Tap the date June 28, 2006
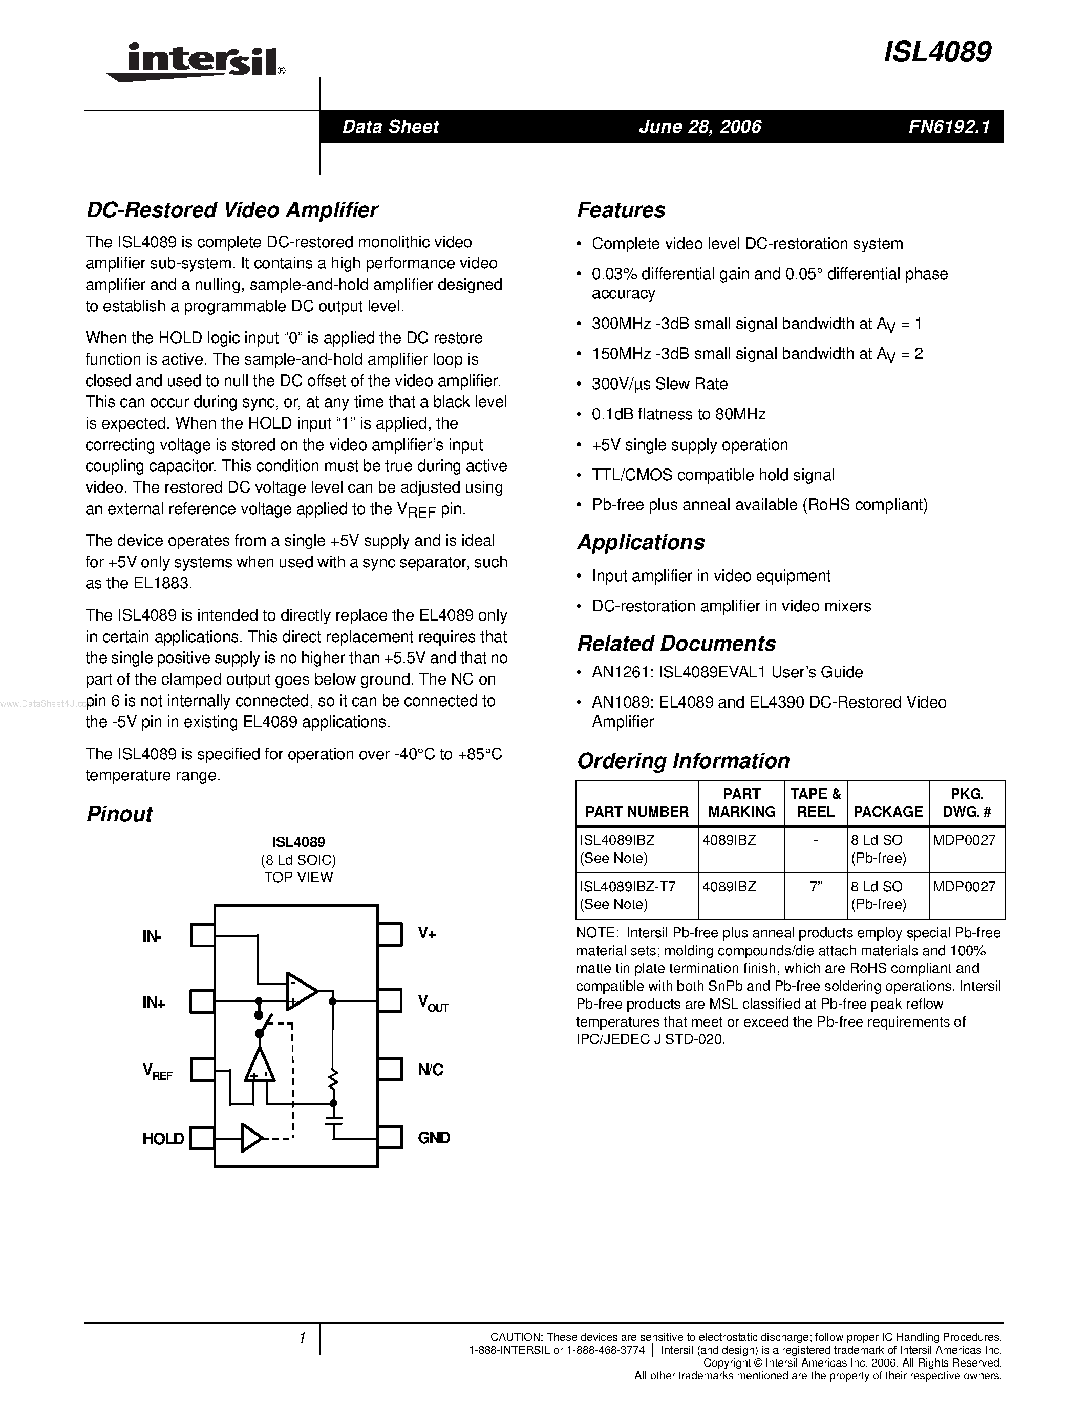coord(700,126)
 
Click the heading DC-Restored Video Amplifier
coord(232,209)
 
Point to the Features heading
coord(621,209)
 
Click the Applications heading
coord(641,542)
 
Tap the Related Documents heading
coord(676,644)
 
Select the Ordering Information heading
coord(683,761)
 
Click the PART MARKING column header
coord(741,803)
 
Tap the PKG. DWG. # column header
coord(966,803)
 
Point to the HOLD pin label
coord(163,1139)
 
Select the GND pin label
coord(434,1138)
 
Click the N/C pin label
coord(430,1070)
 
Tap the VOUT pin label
coord(433,1003)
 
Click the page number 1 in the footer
coord(302,1338)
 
